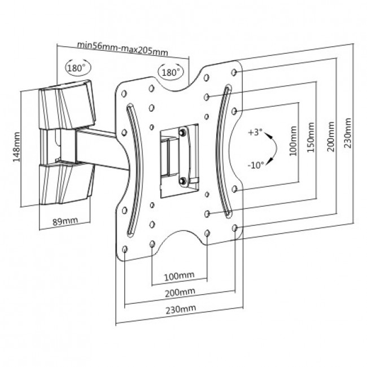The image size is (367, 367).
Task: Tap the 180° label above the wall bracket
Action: coord(78,68)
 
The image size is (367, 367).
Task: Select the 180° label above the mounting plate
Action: coord(171,73)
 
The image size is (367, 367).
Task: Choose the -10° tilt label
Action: coord(256,165)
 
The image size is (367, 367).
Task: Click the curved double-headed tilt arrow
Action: coord(273,149)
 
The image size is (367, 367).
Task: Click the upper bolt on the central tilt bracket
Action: coord(183,132)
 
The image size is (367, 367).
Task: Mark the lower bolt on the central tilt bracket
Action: coord(183,181)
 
